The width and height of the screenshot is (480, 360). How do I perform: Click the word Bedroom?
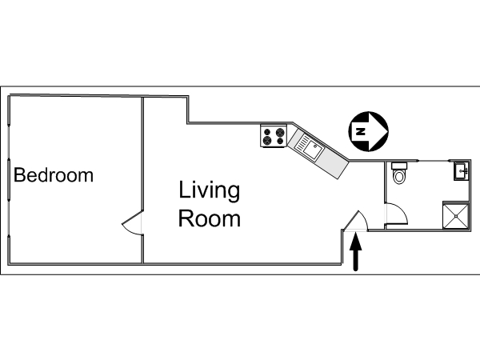coord(54,174)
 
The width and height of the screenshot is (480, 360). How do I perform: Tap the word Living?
coord(210,191)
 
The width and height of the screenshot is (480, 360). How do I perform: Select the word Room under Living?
coord(210,218)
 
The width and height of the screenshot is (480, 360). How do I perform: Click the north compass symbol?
coord(369,131)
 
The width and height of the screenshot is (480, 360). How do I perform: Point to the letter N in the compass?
coord(362,132)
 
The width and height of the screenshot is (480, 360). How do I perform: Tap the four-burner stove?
coord(274,136)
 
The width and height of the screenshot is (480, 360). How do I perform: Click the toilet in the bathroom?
coord(399,174)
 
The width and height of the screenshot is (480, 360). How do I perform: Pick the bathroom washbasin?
coord(462,170)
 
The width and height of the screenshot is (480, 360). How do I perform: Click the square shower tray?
coord(456,215)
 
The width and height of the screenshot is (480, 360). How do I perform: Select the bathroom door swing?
coord(397,214)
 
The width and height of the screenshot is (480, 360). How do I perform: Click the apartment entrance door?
coord(357,220)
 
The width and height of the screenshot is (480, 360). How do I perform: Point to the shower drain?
coord(456,216)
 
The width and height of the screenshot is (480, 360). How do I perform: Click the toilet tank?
coord(399,166)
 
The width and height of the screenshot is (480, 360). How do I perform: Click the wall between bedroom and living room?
coord(142,180)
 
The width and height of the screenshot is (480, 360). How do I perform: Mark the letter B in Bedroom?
coord(19,174)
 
